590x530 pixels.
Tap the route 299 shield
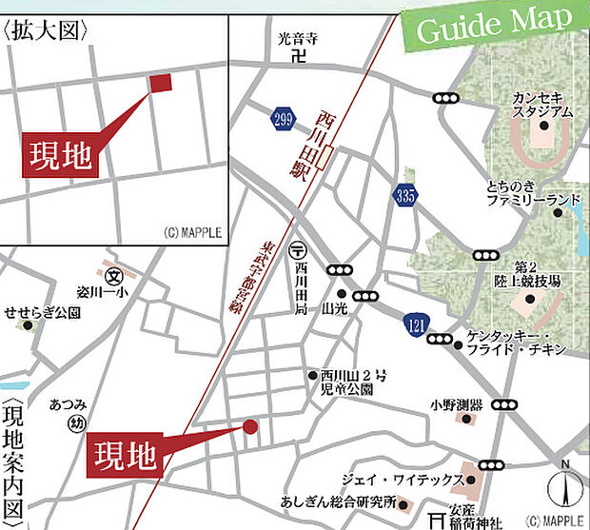281,117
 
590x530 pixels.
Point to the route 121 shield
415,324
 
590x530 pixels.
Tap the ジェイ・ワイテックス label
414,480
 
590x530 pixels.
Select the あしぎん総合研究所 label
337,502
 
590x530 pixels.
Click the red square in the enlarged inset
161,83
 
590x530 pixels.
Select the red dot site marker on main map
250,427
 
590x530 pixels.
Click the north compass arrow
565,487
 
